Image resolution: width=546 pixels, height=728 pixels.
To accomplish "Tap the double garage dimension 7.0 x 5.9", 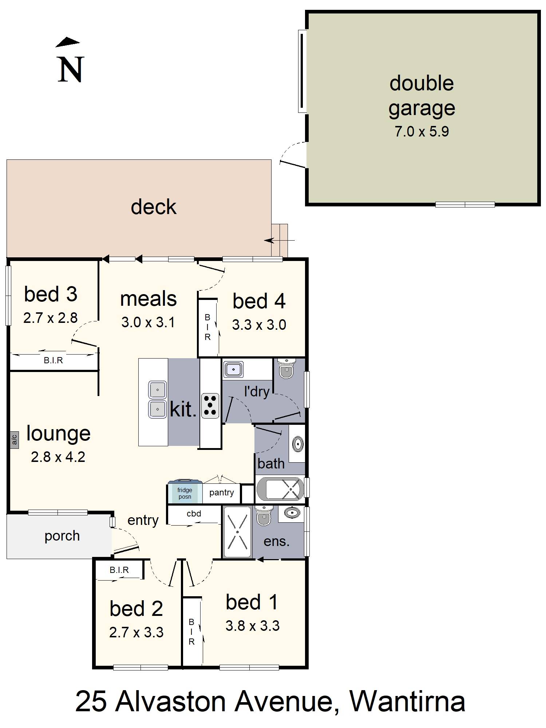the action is [422, 131].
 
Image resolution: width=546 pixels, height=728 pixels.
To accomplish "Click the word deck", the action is [154, 207].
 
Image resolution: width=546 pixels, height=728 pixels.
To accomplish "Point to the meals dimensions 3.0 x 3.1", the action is [148, 322].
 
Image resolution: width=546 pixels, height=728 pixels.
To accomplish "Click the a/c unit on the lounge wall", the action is [15, 440].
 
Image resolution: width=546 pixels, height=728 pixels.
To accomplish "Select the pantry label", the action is [221, 492].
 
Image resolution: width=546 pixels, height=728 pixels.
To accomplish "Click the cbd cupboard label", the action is [194, 514].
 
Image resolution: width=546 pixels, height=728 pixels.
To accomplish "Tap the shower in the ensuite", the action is [237, 532].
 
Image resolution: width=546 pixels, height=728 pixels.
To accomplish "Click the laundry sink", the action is [233, 369].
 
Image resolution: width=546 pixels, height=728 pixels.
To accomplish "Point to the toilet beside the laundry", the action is [286, 368].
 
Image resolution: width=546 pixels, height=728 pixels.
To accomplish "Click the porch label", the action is [62, 536].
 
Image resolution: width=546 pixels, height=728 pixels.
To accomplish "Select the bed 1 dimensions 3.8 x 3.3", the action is [252, 626].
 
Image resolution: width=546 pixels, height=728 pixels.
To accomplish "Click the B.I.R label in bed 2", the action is [119, 570].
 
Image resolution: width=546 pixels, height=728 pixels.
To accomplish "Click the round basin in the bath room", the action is [298, 444].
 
